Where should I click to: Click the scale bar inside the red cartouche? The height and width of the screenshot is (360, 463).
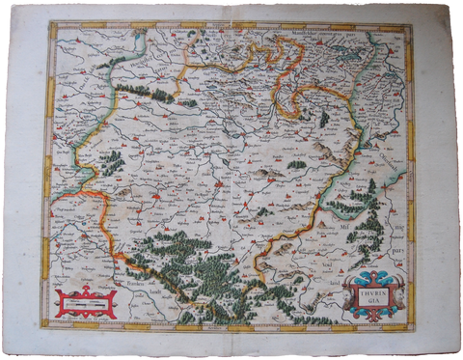pos(86,301)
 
